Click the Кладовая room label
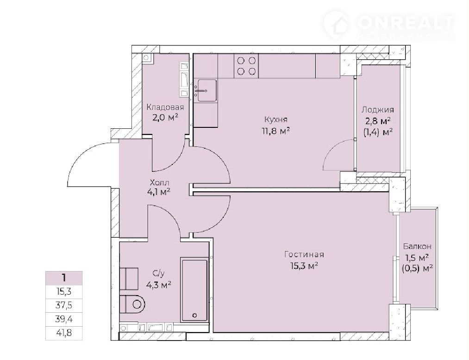[165, 107]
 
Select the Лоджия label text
[377, 110]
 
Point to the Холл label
[159, 182]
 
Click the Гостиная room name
[304, 254]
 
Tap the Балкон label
[417, 246]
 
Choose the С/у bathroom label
[158, 273]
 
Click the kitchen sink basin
[207, 90]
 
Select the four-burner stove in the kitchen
[246, 66]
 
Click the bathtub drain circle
[195, 315]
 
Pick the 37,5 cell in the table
[64, 305]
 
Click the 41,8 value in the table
[64, 333]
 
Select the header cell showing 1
[64, 278]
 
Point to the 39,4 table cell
[64, 319]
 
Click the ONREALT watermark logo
[389, 25]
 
